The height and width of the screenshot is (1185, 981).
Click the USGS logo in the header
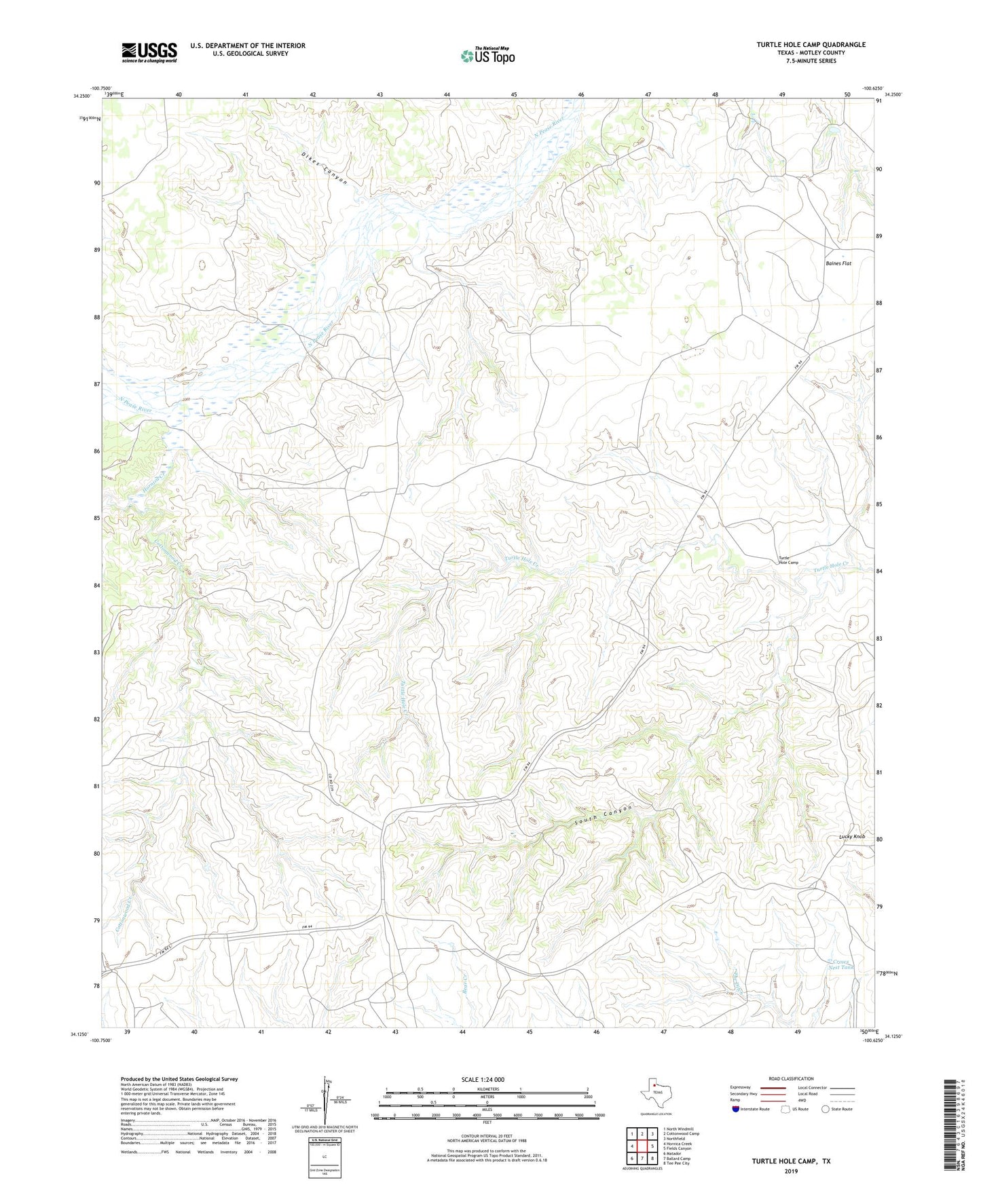pos(149,52)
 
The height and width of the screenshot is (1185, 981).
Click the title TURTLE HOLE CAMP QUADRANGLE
pos(811,45)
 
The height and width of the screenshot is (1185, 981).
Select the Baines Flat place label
pos(838,263)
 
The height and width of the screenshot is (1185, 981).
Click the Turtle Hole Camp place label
pos(788,560)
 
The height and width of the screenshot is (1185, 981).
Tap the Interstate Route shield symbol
pos(735,1109)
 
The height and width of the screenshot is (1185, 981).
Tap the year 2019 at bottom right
pos(790,1171)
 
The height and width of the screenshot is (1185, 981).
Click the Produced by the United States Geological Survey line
pos(179,1079)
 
